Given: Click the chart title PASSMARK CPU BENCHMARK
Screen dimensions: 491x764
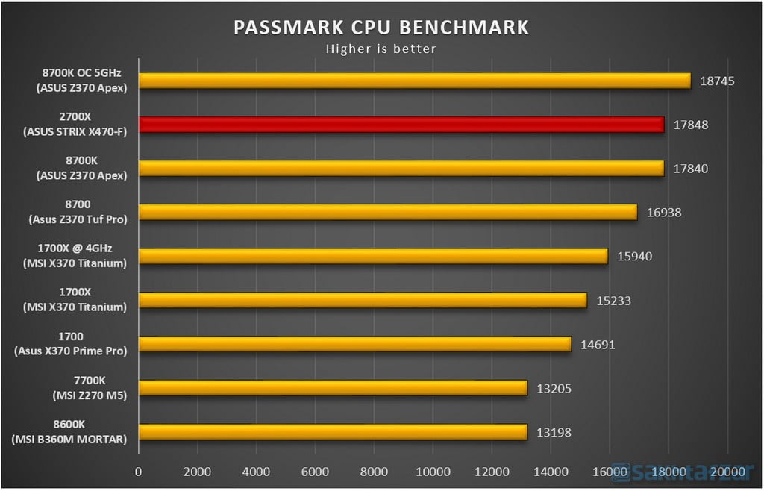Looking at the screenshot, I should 381,28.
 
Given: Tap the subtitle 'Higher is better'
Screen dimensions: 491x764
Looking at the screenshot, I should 381,49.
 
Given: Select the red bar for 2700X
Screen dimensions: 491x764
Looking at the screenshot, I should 401,125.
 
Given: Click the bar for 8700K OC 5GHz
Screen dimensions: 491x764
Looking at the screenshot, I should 414,81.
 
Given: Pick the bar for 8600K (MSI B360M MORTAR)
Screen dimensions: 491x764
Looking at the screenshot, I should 333,432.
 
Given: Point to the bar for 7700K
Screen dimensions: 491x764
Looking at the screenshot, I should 333,388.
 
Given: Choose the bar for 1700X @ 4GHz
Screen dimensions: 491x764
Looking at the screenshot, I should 373,256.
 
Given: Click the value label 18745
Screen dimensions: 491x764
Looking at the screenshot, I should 717,81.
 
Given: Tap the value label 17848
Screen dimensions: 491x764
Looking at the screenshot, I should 690,125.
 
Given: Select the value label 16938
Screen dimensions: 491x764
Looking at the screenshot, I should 663,213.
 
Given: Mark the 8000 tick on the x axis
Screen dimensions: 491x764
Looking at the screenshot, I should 374,472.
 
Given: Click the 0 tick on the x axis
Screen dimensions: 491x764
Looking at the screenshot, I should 138,472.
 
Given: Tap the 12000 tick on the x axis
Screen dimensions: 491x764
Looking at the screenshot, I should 492,472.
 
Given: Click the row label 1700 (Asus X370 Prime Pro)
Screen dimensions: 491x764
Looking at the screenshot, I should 70,344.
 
